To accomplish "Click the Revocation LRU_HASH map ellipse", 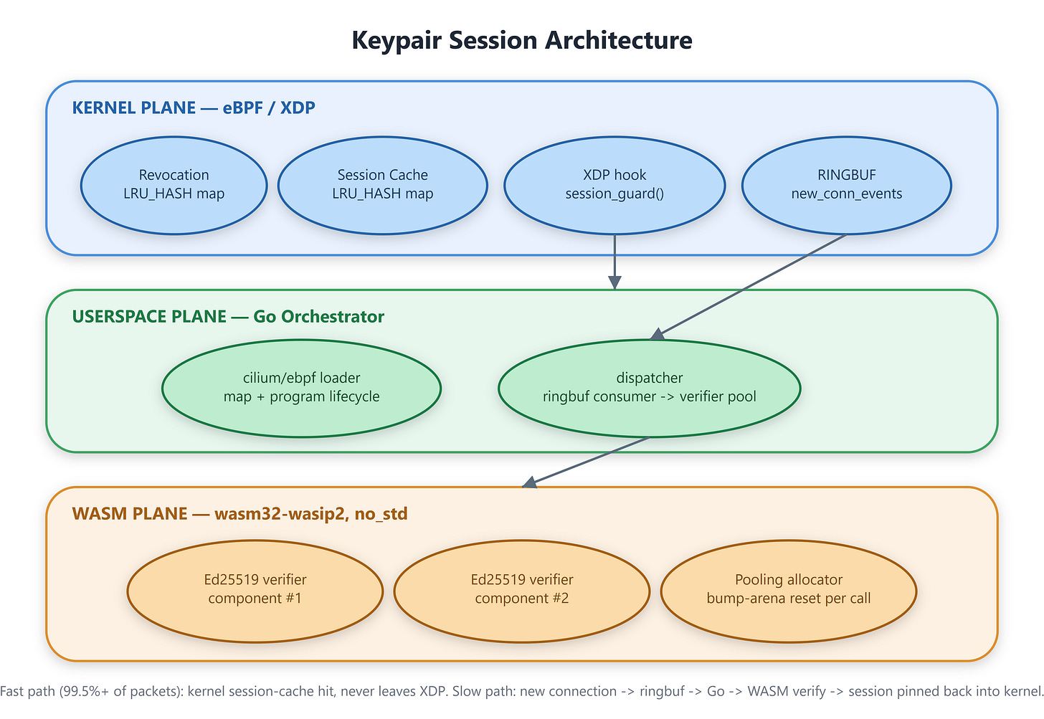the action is [174, 185].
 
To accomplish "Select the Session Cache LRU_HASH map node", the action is [383, 185].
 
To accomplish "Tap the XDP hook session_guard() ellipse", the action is [614, 185].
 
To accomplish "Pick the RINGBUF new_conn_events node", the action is [847, 185].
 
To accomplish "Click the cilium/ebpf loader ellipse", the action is [302, 388].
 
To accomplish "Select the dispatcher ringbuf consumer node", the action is [650, 388].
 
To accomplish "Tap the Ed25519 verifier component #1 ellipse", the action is [255, 591].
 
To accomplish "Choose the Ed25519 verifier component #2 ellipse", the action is [522, 591].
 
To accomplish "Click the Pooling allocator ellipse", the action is [789, 591].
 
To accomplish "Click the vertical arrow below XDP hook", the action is [614, 262].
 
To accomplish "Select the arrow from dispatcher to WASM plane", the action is [586, 462].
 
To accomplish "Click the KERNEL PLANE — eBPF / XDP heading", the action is [194, 108].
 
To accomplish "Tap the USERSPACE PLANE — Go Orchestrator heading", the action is [228, 316].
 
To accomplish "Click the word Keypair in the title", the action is [396, 41].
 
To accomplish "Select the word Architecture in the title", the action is [619, 39].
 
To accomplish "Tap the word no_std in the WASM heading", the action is [381, 514].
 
